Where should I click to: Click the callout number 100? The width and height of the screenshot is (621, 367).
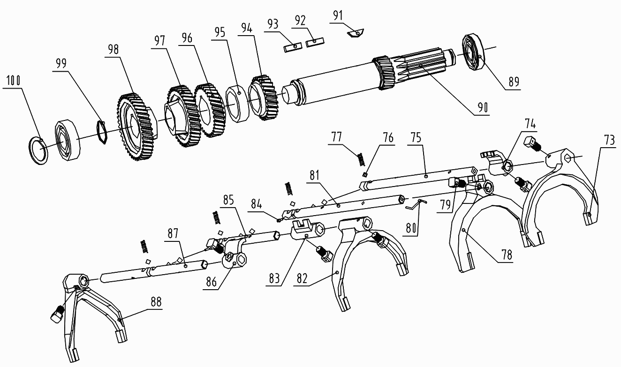pos(13,81)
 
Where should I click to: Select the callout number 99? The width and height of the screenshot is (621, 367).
pos(61,63)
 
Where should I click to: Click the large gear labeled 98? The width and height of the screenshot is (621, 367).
pos(136,127)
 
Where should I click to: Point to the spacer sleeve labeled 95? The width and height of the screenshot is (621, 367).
pos(238,104)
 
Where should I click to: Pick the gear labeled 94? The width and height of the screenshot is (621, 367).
pos(264,97)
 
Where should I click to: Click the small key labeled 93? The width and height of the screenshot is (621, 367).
pos(293,47)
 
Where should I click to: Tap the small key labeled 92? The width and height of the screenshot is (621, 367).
pos(315,42)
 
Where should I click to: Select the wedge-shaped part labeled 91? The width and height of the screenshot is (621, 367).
pos(356,33)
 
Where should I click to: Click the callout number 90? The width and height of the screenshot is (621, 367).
pos(483,107)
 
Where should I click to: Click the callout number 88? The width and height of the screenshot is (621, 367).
pos(156,302)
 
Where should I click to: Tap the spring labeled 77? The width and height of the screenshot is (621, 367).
pos(360,159)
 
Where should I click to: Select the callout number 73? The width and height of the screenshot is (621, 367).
pos(609,141)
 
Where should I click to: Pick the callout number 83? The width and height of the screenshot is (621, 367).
pos(274,278)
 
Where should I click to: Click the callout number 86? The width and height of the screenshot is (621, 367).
pos(211,282)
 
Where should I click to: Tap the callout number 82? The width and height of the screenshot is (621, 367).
pos(302,278)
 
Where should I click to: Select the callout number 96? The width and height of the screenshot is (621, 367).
pos(187,38)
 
